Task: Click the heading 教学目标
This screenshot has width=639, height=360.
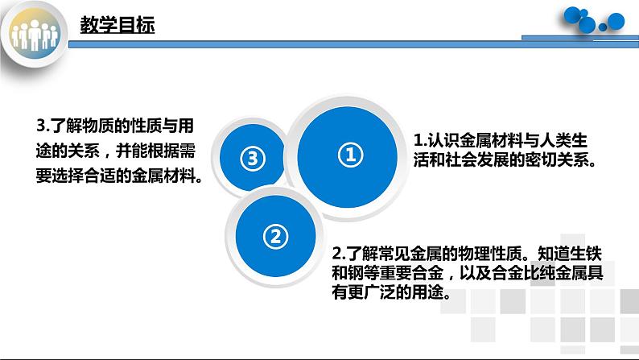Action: tap(117, 26)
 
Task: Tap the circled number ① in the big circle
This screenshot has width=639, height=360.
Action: tap(349, 154)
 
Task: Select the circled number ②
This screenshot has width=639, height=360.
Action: tap(274, 236)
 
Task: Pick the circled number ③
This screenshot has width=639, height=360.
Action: tap(252, 159)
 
